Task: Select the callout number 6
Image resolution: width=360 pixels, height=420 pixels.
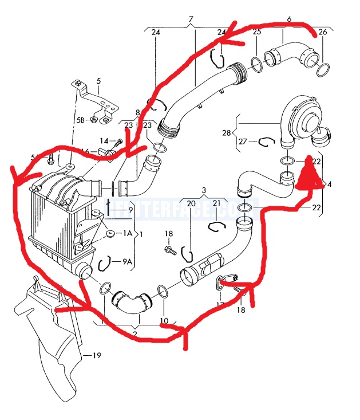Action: coord(290,19)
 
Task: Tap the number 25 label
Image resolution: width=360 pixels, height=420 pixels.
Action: coord(257,32)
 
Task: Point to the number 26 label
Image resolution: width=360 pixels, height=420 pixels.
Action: coord(322,32)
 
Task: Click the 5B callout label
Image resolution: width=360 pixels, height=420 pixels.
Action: coord(80,120)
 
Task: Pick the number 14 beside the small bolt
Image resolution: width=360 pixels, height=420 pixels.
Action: coord(104,140)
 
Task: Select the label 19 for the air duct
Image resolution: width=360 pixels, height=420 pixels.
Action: coord(96,356)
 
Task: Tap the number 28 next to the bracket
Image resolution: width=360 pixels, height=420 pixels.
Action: coord(227,132)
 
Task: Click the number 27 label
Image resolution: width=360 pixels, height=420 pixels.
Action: coord(243,141)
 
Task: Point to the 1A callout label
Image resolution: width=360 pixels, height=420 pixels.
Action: coord(127,234)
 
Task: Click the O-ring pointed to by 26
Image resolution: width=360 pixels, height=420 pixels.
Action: coord(322,71)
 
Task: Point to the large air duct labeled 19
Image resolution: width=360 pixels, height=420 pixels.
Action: coord(52,338)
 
